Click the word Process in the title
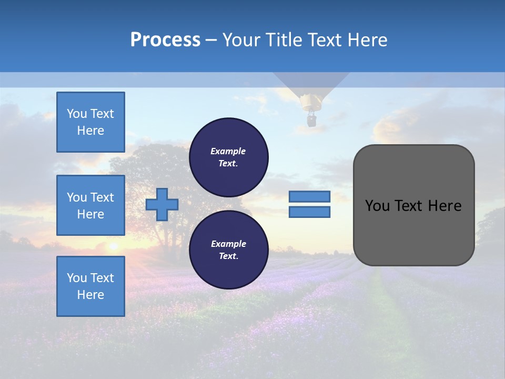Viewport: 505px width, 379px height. [165, 40]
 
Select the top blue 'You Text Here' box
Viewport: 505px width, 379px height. [90, 122]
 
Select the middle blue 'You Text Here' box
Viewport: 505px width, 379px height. [90, 205]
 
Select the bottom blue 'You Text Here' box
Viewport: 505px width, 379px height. [90, 286]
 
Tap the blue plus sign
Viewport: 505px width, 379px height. [162, 204]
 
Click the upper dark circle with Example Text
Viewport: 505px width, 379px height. [228, 157]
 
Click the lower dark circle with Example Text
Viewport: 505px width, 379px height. [228, 250]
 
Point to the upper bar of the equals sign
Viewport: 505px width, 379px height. [309, 196]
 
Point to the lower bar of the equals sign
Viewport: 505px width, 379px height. [309, 212]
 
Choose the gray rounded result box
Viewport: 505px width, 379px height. [413, 205]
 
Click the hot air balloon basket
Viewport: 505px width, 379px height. [311, 121]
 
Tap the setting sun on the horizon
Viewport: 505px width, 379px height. [113, 246]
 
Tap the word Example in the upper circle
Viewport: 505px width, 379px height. [228, 151]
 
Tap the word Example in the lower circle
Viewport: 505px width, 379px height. [228, 244]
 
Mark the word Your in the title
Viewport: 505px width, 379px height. [241, 40]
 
